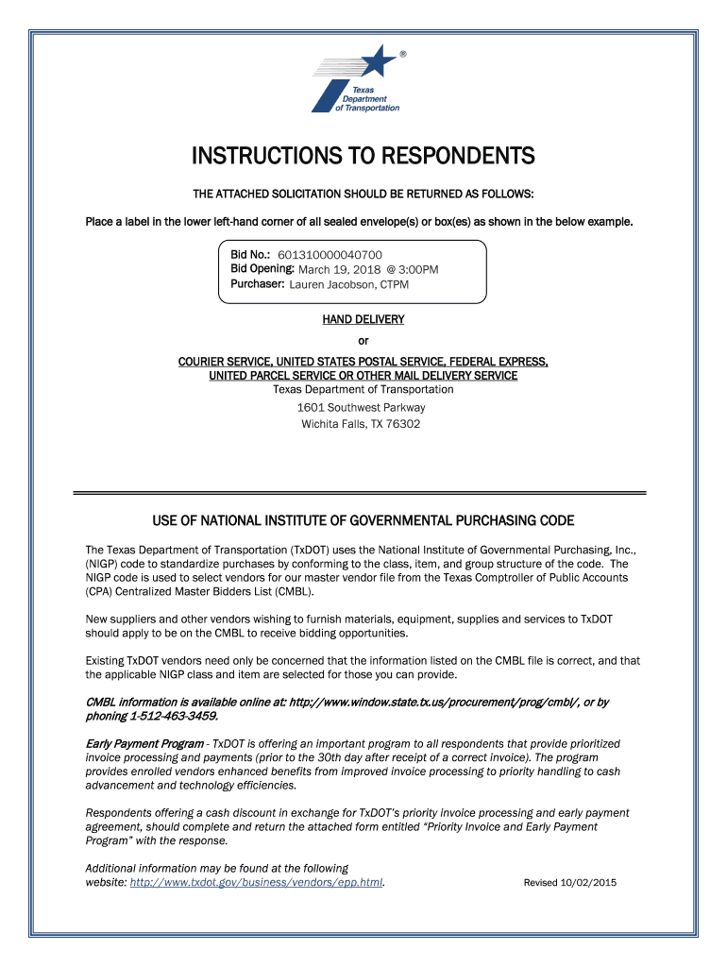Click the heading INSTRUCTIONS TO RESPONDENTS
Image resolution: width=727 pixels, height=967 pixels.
click(363, 155)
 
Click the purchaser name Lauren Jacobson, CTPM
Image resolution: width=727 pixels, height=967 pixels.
click(348, 284)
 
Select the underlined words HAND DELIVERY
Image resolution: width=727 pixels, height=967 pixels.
click(363, 319)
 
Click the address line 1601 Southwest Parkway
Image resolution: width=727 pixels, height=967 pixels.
click(363, 407)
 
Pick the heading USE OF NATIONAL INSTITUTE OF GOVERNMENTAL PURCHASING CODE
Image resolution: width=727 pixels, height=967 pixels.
click(363, 521)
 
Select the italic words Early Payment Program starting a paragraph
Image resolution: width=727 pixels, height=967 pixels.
click(144, 744)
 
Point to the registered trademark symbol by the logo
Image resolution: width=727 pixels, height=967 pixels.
click(404, 54)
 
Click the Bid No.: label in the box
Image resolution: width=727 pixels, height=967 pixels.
click(251, 255)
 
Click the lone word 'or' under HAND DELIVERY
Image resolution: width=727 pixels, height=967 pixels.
click(363, 341)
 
